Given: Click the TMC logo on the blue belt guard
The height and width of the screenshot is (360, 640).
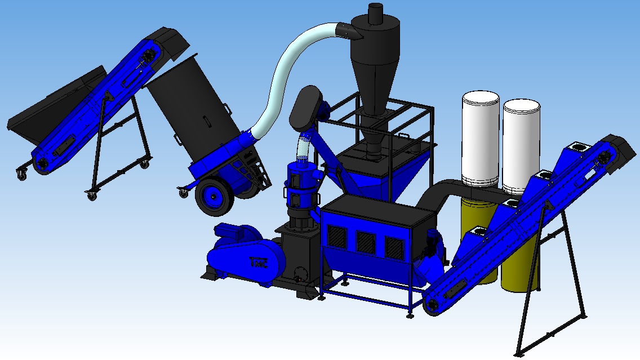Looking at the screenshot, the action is click(259, 263).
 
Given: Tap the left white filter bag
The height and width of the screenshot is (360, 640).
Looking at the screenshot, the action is click(481, 139).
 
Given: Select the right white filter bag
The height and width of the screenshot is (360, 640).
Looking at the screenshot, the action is click(521, 146).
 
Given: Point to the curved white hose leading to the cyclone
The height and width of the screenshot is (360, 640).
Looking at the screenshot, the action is click(286, 73).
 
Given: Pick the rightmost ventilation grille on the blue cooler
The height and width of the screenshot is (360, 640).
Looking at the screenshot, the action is click(394, 247).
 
